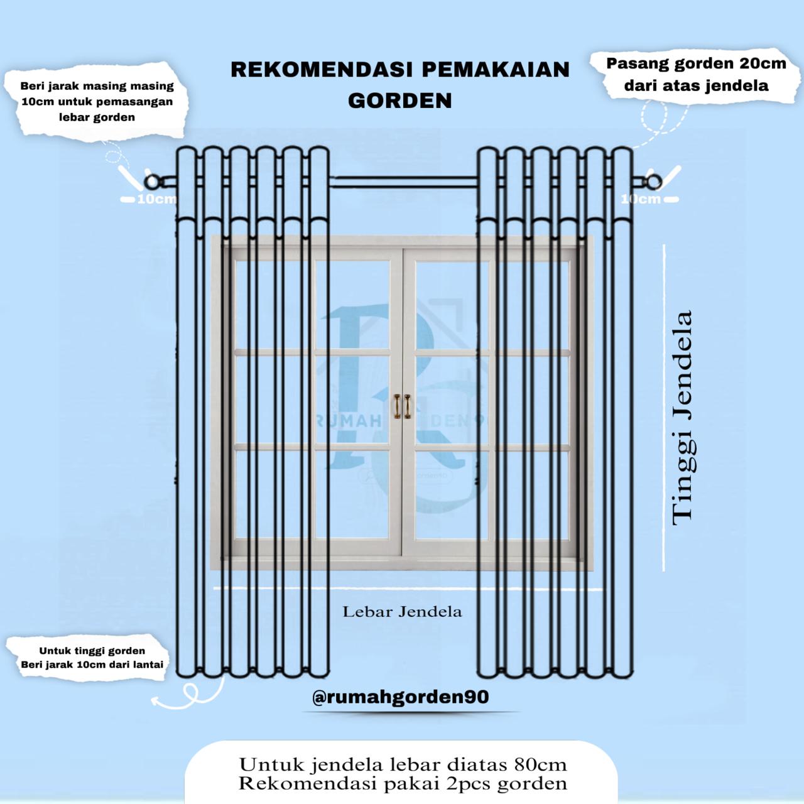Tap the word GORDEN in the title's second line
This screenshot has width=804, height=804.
(x=400, y=100)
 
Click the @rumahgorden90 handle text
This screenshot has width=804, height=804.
(x=400, y=697)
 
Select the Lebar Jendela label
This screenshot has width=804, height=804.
(x=402, y=612)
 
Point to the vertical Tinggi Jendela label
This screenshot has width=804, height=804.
(x=682, y=417)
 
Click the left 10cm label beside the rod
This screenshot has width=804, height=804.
(x=156, y=200)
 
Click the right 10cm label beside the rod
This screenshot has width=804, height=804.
(x=641, y=199)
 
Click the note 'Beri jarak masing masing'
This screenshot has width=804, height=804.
(x=97, y=87)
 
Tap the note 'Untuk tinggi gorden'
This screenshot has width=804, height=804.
(x=92, y=651)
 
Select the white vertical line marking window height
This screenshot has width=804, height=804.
(x=664, y=408)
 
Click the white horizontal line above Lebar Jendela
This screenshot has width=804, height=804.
(x=402, y=589)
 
